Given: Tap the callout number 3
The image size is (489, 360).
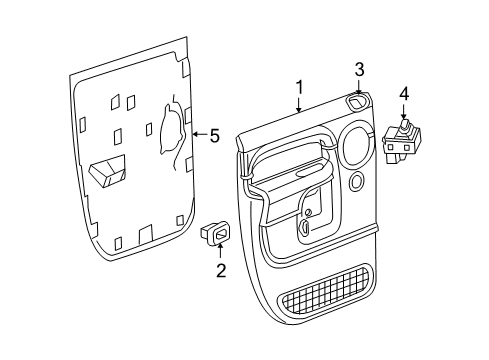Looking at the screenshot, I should pyautogui.click(x=359, y=69).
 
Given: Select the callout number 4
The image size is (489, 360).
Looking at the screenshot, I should pyautogui.click(x=403, y=95).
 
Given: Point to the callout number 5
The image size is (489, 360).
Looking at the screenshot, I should pyautogui.click(x=213, y=136).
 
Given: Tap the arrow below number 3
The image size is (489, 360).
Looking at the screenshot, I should pyautogui.click(x=359, y=88).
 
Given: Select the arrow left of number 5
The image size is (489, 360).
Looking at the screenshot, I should pyautogui.click(x=197, y=136).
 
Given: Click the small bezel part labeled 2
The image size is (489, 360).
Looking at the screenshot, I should pyautogui.click(x=216, y=232).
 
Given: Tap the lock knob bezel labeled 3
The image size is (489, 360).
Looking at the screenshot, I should pyautogui.click(x=357, y=102).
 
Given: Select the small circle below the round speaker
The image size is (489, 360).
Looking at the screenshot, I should pyautogui.click(x=358, y=181).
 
